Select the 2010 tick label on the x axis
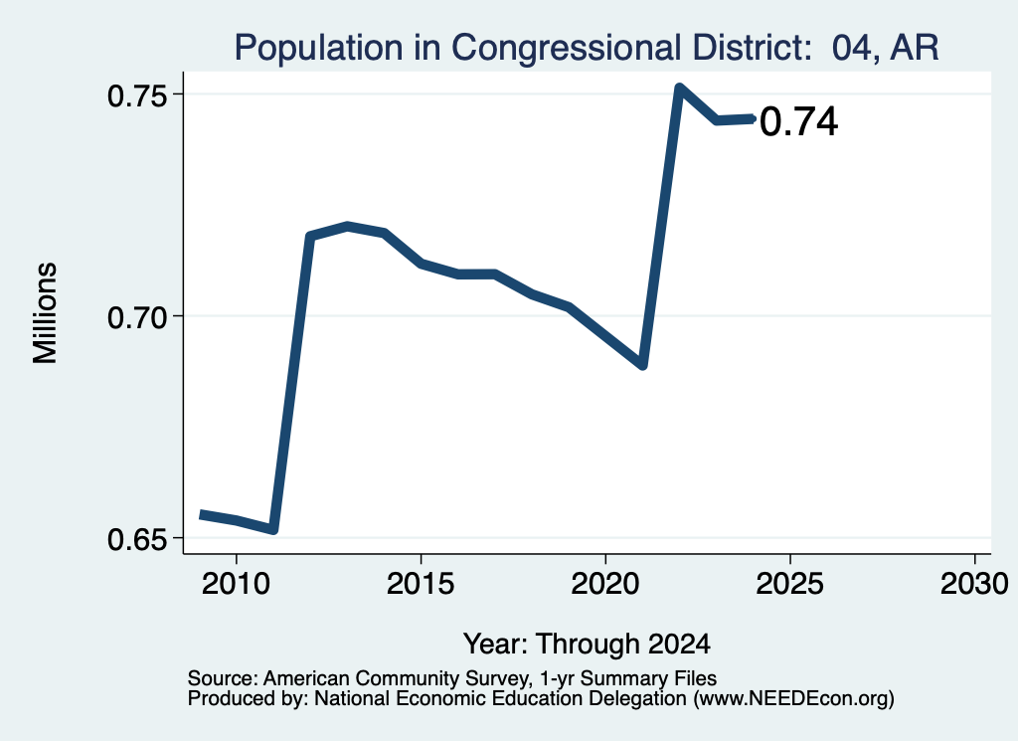pos(236,584)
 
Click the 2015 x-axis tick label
pos(421,584)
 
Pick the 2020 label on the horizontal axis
pos(605,584)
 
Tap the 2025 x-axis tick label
pos(789,584)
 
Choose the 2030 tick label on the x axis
pos(974,584)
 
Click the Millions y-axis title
pos(46,313)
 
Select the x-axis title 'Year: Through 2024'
pos(587,644)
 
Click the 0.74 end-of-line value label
pos(798,122)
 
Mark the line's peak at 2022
pos(679,88)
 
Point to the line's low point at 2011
pos(273,530)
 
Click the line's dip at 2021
pos(643,365)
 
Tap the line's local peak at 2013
pos(348,226)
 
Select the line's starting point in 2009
pos(201,514)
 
